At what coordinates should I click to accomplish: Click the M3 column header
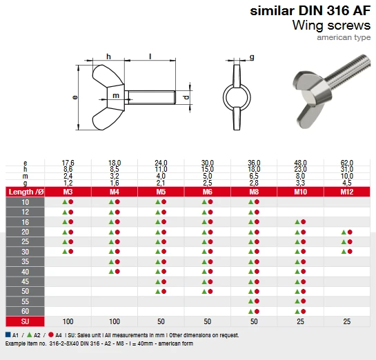coord(68,191)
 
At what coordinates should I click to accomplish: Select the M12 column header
coord(347,191)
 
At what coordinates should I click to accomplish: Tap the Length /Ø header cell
coord(26,191)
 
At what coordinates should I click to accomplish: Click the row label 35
coord(26,262)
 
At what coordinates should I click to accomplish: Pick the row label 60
coord(26,312)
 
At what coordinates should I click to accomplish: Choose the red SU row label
coord(26,322)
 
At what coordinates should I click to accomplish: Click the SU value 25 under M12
coord(347,322)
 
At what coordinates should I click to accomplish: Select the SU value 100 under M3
coord(68,322)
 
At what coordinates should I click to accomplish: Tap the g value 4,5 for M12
coord(347,183)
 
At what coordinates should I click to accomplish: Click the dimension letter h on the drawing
coord(108,56)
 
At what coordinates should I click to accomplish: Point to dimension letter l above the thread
coord(150,56)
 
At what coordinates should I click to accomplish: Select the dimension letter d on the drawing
coord(186,97)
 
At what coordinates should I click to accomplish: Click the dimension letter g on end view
coord(253,57)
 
